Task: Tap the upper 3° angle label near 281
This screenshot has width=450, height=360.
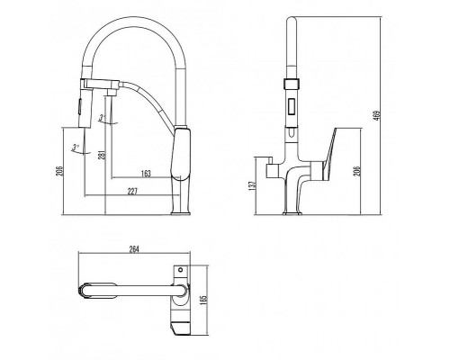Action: (x=105, y=118)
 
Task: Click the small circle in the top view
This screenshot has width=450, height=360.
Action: (x=180, y=269)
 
